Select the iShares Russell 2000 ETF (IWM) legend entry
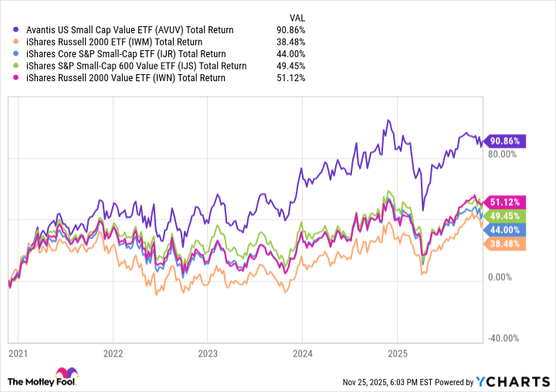pyautogui.click(x=114, y=42)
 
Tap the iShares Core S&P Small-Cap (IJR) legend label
pyautogui.click(x=125, y=53)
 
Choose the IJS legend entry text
pyautogui.click(x=136, y=66)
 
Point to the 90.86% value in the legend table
pyautogui.click(x=290, y=29)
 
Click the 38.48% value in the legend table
pyautogui.click(x=290, y=42)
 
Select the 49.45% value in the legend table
pyautogui.click(x=290, y=66)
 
